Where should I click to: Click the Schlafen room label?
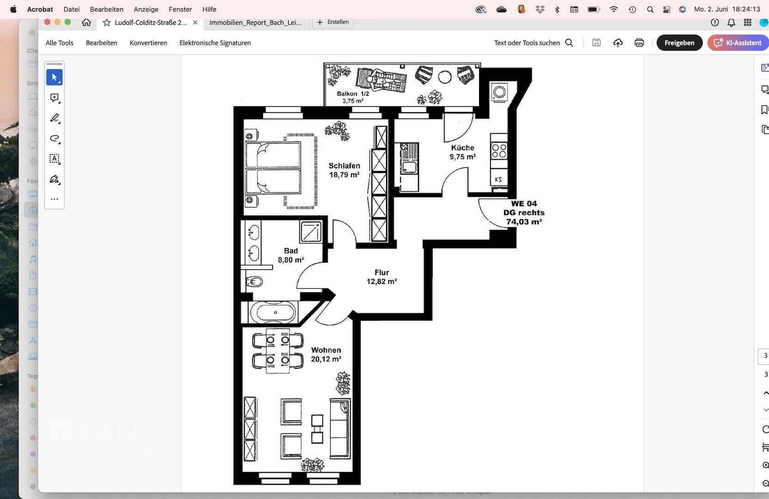pyautogui.click(x=344, y=166)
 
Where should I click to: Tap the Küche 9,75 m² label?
pyautogui.click(x=462, y=152)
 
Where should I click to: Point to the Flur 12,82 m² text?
pyautogui.click(x=381, y=277)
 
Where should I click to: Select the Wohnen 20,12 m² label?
pyautogui.click(x=326, y=354)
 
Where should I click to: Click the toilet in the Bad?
pyautogui.click(x=254, y=281)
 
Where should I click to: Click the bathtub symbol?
pyautogui.click(x=273, y=312)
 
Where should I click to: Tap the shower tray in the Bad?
pyautogui.click(x=310, y=231)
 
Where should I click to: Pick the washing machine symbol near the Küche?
pyautogui.click(x=499, y=92)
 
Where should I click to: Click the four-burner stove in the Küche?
pyautogui.click(x=499, y=151)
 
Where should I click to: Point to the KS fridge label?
pyautogui.click(x=498, y=179)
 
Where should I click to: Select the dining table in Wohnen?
pyautogui.click(x=278, y=350)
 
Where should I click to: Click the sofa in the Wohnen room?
pyautogui.click(x=340, y=428)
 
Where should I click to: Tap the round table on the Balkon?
pyautogui.click(x=445, y=77)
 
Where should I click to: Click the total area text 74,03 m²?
pyautogui.click(x=523, y=222)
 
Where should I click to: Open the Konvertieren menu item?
pyautogui.click(x=148, y=43)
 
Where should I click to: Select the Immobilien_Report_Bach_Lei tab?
pyautogui.click(x=255, y=22)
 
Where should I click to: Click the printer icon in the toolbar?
pyautogui.click(x=639, y=43)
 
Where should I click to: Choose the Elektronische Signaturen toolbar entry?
pyautogui.click(x=215, y=43)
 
